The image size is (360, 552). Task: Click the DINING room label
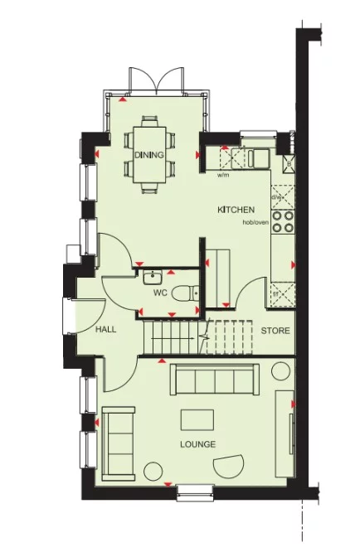pyautogui.click(x=149, y=155)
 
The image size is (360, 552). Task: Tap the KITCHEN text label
pyautogui.click(x=236, y=210)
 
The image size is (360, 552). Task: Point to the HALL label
pyautogui.click(x=105, y=329)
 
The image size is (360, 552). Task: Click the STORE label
pyautogui.click(x=275, y=331)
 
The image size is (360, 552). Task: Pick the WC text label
pyautogui.click(x=160, y=293)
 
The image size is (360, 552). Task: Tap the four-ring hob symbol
pyautogui.click(x=283, y=220)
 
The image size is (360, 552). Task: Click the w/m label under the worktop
pyautogui.click(x=222, y=175)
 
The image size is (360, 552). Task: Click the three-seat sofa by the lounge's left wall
pyautogui.click(x=119, y=442)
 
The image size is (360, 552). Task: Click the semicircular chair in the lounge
pyautogui.click(x=228, y=467)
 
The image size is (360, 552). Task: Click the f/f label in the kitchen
pyautogui.click(x=275, y=293)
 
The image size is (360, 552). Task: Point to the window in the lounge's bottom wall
pyautogui.click(x=195, y=492)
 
